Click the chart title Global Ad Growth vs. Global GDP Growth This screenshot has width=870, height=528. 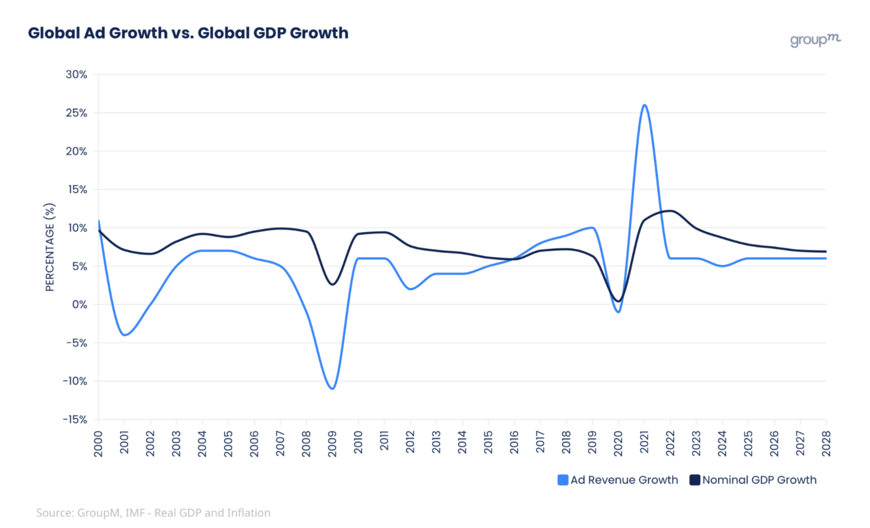click(188, 33)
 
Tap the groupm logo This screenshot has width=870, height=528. click(815, 40)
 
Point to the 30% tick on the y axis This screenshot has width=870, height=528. click(76, 74)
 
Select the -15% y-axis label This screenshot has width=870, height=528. click(75, 420)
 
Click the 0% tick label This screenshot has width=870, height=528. click(80, 305)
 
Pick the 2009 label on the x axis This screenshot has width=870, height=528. click(332, 442)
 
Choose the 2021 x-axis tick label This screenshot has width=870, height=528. click(645, 442)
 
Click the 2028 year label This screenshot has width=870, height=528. click(826, 442)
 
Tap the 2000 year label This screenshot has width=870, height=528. click(99, 442)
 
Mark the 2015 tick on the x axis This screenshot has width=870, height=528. click(488, 442)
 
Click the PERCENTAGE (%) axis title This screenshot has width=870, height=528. click(50, 247)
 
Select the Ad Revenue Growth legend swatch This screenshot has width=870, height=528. click(562, 480)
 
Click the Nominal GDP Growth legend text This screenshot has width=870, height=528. click(759, 480)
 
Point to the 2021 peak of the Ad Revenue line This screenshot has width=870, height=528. click(645, 105)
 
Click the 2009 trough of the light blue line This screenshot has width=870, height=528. click(332, 389)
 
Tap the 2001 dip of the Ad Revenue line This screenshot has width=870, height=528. click(125, 335)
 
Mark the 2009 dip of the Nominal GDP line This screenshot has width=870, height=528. click(332, 284)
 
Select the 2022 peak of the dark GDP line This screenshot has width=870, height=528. click(671, 211)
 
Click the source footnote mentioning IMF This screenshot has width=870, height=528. click(153, 513)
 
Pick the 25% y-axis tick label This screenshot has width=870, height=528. click(76, 113)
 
